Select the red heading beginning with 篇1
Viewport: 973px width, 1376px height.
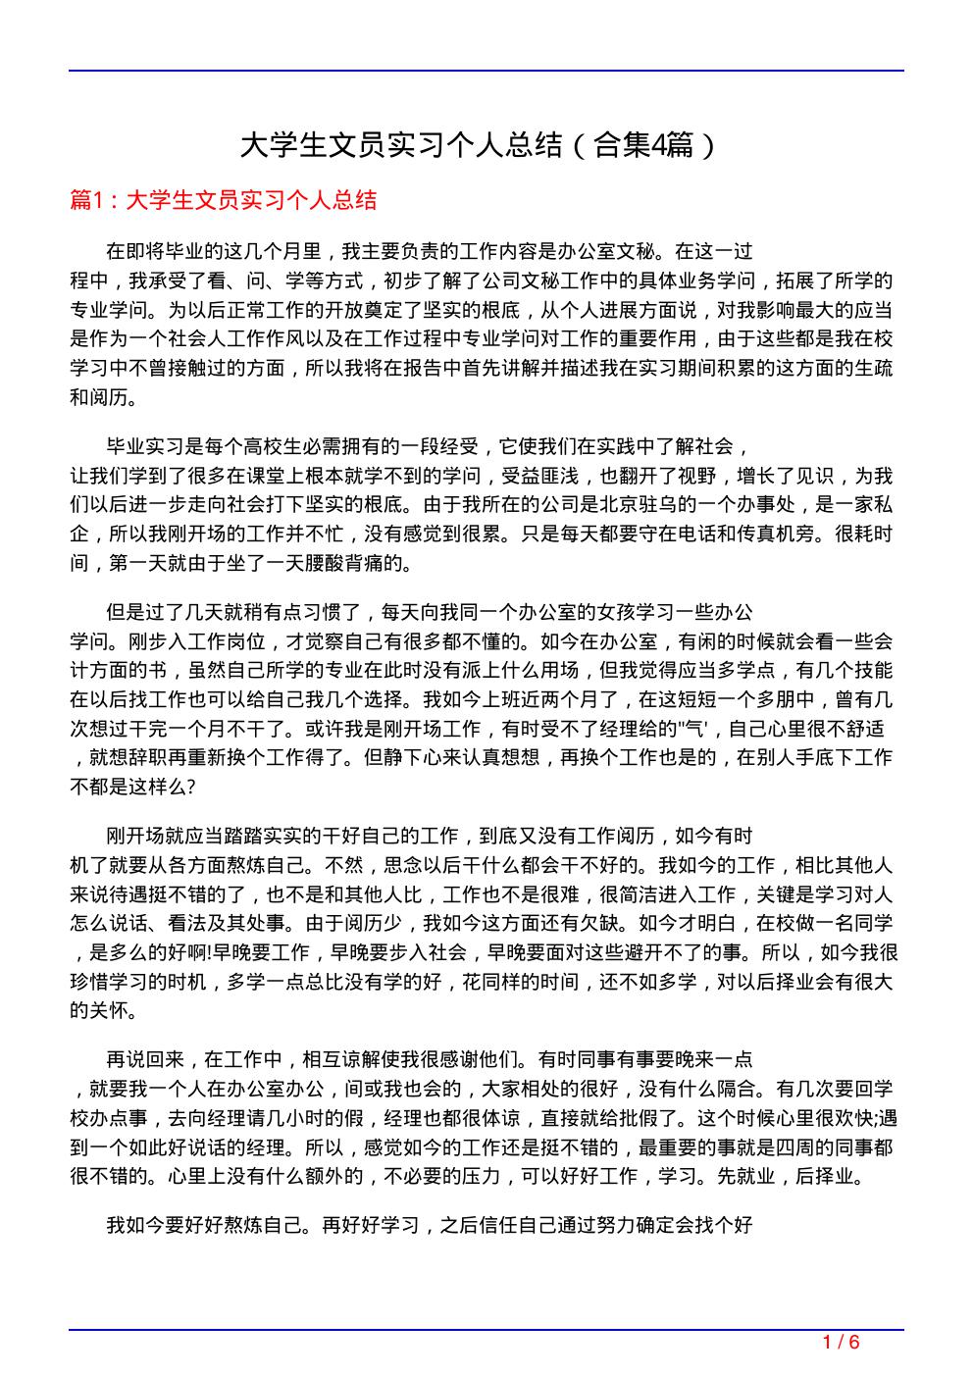[224, 201]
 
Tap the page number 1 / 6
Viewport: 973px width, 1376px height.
[840, 1342]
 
